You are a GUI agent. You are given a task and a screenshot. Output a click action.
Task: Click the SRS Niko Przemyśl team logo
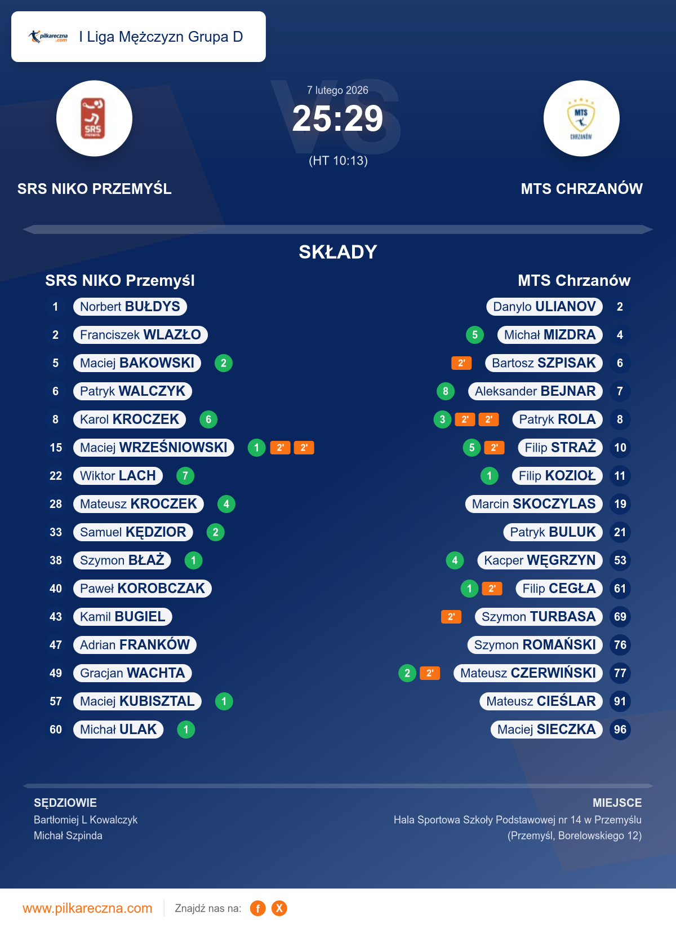[x=94, y=118]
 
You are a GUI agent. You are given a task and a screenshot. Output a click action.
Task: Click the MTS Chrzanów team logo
[x=581, y=118]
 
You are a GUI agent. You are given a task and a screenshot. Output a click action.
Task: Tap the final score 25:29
[x=337, y=119]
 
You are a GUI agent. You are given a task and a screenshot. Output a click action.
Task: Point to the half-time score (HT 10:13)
[x=338, y=161]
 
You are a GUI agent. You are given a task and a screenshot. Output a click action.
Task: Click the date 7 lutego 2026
[x=337, y=90]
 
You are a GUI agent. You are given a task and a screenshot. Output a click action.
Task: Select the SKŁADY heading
[x=337, y=252]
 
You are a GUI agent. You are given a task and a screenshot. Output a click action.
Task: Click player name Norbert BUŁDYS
[x=130, y=307]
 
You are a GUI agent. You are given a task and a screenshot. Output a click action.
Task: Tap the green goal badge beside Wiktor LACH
[x=185, y=476]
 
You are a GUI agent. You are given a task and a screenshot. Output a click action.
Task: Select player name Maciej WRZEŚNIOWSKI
[x=153, y=448]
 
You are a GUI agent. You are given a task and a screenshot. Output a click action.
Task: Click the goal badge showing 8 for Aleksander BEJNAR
[x=446, y=391]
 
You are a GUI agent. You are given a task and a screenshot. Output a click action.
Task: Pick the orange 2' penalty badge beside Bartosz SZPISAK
[x=461, y=363]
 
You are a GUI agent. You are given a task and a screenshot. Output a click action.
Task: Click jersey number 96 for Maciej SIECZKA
[x=620, y=730]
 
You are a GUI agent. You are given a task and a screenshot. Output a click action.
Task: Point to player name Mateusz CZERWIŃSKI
[x=528, y=673]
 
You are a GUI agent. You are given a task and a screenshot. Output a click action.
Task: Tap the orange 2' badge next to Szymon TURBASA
[x=451, y=617]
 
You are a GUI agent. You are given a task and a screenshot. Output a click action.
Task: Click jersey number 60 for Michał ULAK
[x=56, y=730]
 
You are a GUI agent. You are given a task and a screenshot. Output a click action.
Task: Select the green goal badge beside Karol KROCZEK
[x=208, y=419]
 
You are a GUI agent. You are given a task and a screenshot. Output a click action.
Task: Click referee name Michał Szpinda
[x=68, y=836]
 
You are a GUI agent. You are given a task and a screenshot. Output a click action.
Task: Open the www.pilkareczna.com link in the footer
[x=87, y=908]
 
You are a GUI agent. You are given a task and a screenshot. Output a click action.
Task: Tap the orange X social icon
[x=279, y=908]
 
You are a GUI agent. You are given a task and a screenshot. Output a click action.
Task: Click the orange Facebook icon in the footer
[x=258, y=908]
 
